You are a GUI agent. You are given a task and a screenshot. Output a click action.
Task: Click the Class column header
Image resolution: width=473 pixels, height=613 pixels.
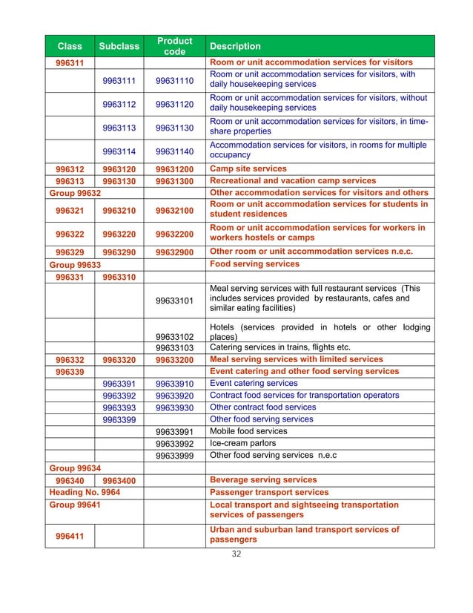[70, 46]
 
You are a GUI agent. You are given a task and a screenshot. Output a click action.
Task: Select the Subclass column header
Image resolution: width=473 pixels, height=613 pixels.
[120, 46]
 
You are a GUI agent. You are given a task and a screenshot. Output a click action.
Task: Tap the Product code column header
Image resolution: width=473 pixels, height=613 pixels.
[175, 46]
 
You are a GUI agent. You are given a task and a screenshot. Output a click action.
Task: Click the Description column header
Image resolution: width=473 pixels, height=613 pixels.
[236, 46]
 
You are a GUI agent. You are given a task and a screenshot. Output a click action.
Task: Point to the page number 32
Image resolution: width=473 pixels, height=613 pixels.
[237, 554]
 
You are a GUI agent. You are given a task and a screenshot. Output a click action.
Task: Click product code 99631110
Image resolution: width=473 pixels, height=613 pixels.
[175, 80]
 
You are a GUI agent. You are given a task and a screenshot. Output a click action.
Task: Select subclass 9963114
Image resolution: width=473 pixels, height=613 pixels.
[120, 151]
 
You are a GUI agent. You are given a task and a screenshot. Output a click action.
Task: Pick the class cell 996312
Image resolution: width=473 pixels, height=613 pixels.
[70, 169]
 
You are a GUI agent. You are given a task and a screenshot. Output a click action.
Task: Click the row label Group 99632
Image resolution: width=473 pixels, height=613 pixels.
[75, 193]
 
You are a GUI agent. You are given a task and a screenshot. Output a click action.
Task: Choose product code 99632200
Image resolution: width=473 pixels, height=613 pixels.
[175, 234]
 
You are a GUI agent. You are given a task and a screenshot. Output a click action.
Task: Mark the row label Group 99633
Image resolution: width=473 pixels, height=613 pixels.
[75, 263]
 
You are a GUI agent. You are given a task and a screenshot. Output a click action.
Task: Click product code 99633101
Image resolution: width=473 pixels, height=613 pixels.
[175, 301]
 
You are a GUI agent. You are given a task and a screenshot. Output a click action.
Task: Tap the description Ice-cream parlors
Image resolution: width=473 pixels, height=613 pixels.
[243, 443]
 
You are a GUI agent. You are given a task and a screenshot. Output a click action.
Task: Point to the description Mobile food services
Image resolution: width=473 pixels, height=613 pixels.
[248, 431]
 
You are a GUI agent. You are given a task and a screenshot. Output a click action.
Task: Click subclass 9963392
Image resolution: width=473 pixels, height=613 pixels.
[120, 396]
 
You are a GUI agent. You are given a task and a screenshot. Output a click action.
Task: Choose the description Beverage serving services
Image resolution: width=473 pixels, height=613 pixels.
[263, 479]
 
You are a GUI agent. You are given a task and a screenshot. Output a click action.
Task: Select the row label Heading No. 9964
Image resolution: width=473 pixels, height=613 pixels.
[85, 491]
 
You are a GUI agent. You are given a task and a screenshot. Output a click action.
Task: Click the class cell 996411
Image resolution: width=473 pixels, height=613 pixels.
[70, 534]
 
